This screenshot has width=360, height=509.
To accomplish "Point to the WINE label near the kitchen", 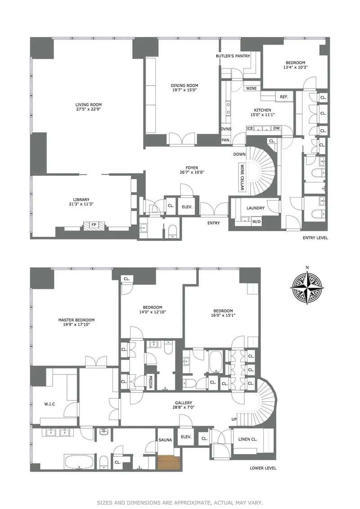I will pyautogui.click(x=252, y=88).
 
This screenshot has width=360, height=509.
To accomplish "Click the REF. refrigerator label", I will pyautogui.click(x=283, y=97).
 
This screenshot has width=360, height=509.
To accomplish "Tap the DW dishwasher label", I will pyautogui.click(x=276, y=129).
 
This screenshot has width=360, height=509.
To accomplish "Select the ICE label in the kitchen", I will pyautogui.click(x=250, y=129).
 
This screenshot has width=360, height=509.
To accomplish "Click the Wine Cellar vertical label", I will pyautogui.click(x=242, y=177).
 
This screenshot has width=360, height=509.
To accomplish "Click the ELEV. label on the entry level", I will pyautogui.click(x=187, y=207).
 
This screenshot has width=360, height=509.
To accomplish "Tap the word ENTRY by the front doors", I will pyautogui.click(x=213, y=223).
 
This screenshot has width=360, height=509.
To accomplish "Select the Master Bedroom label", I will pyautogui.click(x=76, y=320).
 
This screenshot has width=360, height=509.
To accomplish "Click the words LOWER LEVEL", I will pyautogui.click(x=263, y=468).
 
